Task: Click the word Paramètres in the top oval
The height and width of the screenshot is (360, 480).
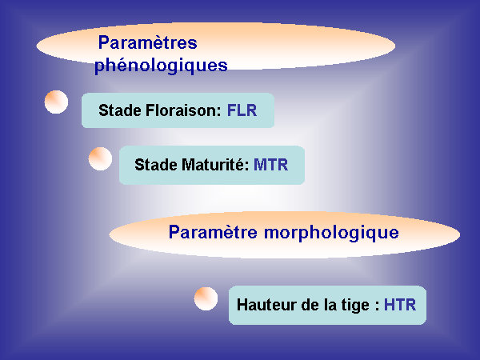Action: pos(147,42)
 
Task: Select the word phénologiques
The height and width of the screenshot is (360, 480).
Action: pos(161,66)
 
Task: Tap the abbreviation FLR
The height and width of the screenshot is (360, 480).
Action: pos(242,110)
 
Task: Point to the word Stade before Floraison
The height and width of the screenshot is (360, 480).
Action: pos(120,110)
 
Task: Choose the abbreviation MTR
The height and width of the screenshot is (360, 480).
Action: pos(271,165)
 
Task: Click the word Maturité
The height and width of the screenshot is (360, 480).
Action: pos(214,164)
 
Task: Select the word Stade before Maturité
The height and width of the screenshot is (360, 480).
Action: pos(156,165)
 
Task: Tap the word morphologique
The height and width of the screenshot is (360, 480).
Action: pos(331,233)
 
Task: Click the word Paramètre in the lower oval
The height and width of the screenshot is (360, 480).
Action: pos(213,232)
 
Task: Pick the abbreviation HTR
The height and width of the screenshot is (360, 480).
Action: pos(400,305)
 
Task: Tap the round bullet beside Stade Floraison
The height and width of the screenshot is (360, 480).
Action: pos(56,102)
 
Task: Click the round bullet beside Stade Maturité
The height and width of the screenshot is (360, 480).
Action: pos(101,158)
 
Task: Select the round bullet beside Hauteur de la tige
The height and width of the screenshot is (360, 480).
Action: pos(206,298)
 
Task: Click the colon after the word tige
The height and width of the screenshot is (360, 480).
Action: pos(377,306)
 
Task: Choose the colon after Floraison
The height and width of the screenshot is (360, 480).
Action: pos(219,112)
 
